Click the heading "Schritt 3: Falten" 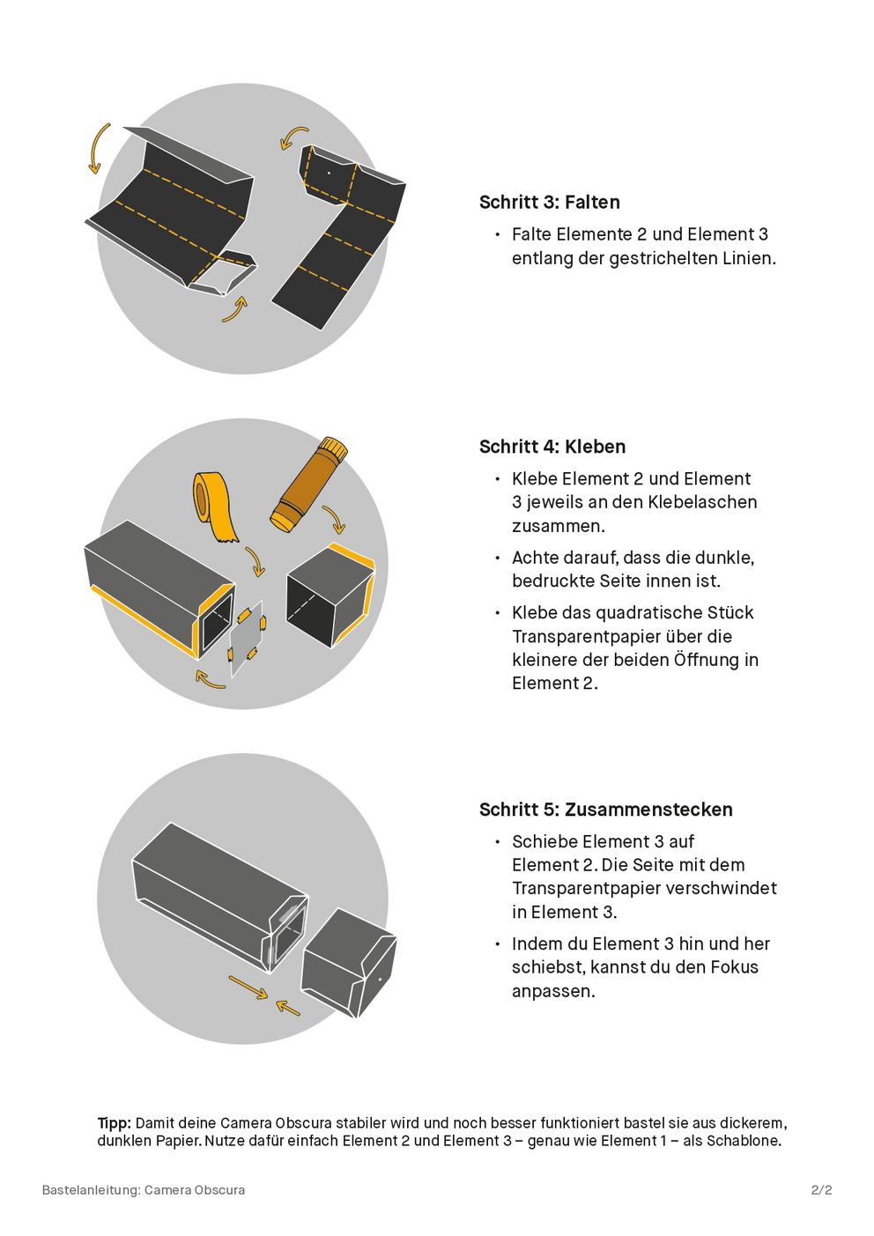tap(549, 203)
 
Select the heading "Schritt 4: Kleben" tap(552, 447)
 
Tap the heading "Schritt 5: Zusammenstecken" tap(606, 810)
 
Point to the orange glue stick tap(308, 485)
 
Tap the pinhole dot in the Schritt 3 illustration tap(329, 173)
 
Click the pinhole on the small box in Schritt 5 tap(380, 980)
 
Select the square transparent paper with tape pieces tap(247, 637)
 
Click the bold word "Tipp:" tap(115, 1123)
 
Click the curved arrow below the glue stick tap(335, 519)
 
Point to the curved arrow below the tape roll tap(256, 562)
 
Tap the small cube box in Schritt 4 tap(330, 595)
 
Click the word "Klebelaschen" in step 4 tap(702, 502)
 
